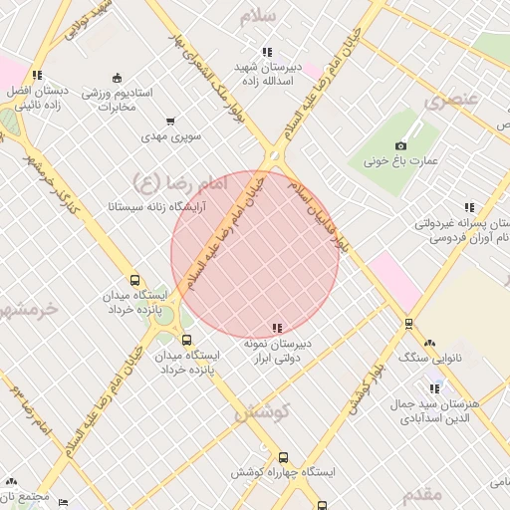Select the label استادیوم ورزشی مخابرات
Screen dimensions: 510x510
point(126,99)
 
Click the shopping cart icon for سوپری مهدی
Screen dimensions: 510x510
point(170,120)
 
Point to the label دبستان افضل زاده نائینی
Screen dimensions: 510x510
point(36,96)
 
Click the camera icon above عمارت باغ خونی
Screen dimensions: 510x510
point(401,145)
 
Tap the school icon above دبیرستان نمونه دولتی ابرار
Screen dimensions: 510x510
point(277,328)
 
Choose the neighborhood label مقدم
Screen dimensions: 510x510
point(424,493)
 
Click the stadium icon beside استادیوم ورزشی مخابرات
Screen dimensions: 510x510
point(117,78)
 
